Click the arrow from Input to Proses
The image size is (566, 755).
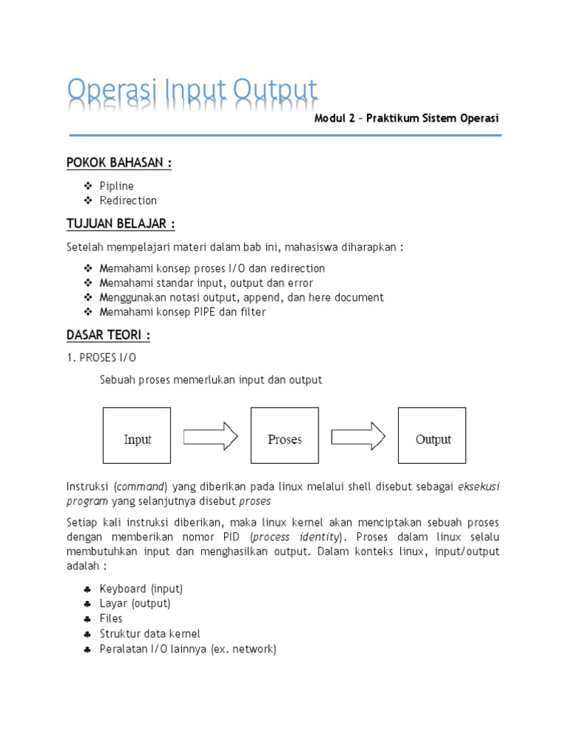tap(210, 435)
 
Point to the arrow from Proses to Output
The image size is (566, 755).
tap(357, 435)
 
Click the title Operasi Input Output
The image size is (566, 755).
tap(192, 91)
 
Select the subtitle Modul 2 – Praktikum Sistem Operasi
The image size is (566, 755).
tap(407, 118)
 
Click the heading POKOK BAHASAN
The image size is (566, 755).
tap(119, 163)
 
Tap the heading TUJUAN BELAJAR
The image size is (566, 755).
tap(121, 223)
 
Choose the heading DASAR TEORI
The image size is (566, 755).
tap(108, 335)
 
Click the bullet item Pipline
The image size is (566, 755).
tap(116, 186)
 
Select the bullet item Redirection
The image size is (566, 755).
tap(128, 201)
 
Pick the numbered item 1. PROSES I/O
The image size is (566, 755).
tap(102, 358)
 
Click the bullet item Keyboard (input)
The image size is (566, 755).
tap(141, 589)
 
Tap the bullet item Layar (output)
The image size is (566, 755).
tap(135, 604)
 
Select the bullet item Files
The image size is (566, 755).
tap(111, 619)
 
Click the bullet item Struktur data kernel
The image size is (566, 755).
tap(150, 634)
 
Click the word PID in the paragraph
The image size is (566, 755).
tap(235, 537)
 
